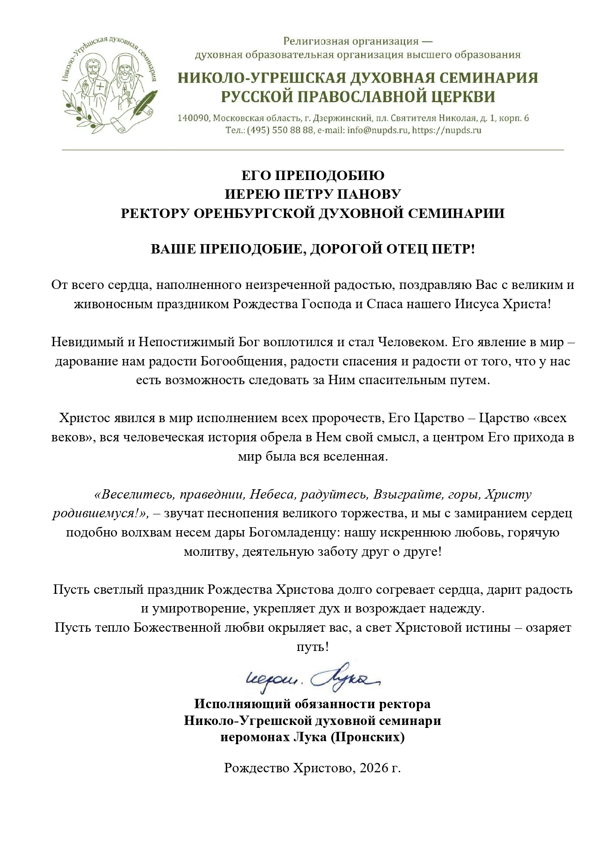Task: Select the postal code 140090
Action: coord(193,118)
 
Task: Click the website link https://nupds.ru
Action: coord(446,131)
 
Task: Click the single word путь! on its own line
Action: coord(312,647)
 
